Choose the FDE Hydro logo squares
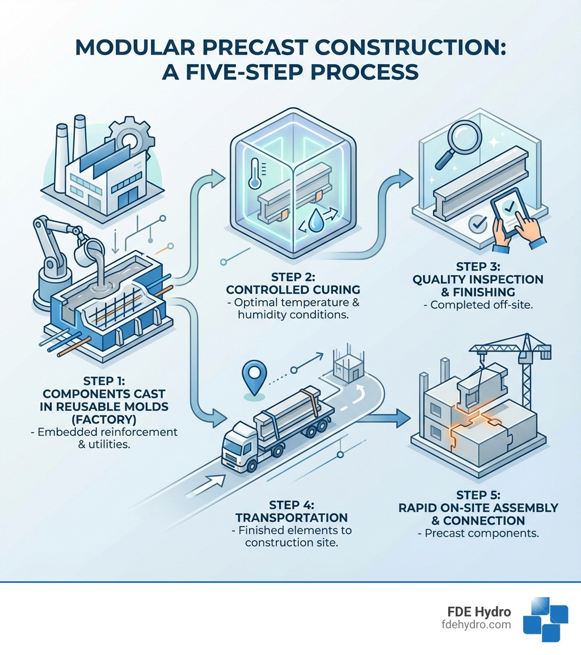tap(545, 619)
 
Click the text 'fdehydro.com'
tap(478, 624)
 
